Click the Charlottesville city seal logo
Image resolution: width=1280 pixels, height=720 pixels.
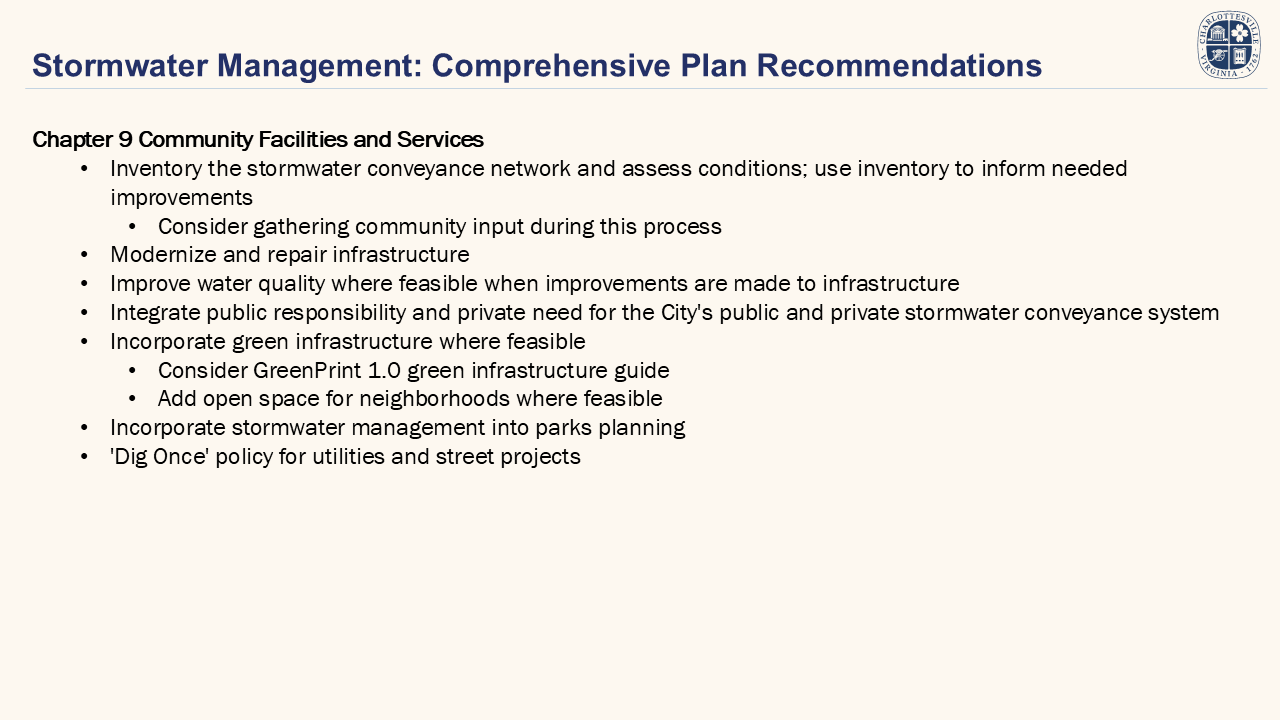click(x=1229, y=45)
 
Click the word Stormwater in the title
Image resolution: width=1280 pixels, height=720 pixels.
click(x=120, y=65)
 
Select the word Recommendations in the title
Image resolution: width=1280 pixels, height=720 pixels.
click(x=899, y=65)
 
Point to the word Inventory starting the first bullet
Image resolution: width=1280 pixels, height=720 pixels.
click(x=156, y=169)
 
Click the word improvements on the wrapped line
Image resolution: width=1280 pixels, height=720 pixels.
click(x=181, y=198)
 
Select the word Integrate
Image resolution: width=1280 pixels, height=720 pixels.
click(x=155, y=313)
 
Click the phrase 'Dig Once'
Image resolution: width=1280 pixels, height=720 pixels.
click(x=159, y=457)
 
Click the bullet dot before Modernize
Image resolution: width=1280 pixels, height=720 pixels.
click(x=85, y=255)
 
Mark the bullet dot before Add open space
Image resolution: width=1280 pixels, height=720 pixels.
click(x=133, y=399)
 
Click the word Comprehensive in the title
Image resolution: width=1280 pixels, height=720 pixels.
click(x=550, y=66)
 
